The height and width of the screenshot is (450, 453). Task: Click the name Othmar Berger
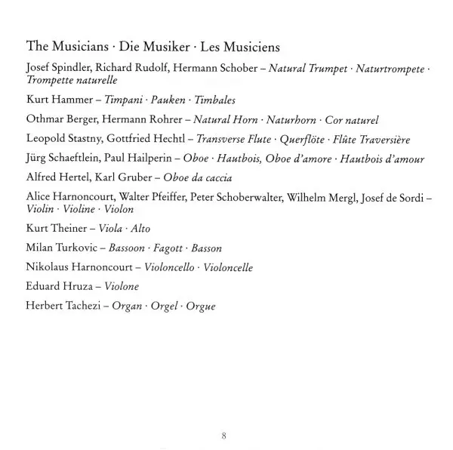click(x=57, y=119)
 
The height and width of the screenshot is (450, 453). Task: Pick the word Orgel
click(x=165, y=307)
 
